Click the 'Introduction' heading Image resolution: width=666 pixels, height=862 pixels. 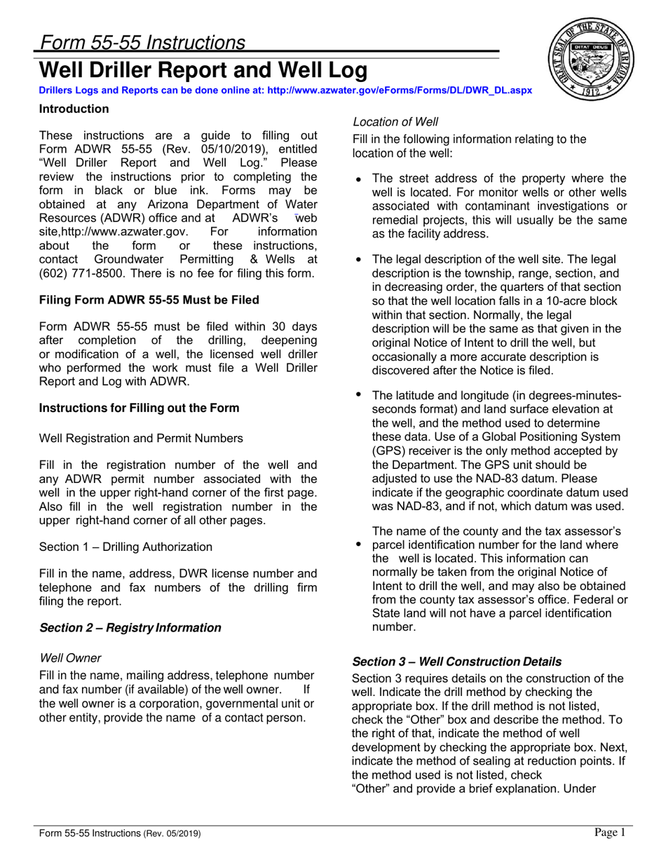(74, 109)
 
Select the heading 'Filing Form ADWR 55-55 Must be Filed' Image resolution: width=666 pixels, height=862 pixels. (149, 300)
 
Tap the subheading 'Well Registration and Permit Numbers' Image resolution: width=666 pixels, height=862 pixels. (141, 438)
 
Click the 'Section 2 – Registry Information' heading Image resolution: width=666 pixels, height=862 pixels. (130, 627)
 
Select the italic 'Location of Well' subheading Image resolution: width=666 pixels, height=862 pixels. (395, 121)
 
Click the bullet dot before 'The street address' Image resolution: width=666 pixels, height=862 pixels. (359, 179)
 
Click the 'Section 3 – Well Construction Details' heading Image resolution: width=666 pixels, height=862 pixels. (456, 661)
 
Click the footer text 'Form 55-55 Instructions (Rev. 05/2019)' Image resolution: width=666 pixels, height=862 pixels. (120, 833)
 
